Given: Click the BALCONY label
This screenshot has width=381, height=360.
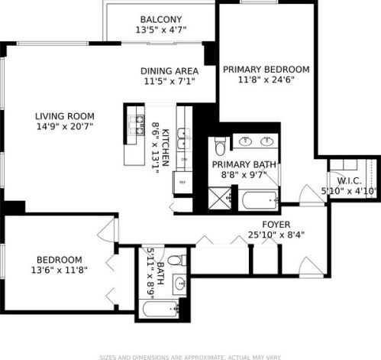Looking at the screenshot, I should coord(160,19).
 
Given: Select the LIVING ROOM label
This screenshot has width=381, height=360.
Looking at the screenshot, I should coord(64,117).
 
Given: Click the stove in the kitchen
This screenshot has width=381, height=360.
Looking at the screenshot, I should coord(138,125).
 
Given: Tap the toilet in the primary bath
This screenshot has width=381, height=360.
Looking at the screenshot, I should coord(219,144).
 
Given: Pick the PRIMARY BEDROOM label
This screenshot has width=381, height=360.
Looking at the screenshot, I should coord(266,68).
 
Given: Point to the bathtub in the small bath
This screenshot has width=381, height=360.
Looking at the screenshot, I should coord(160,310).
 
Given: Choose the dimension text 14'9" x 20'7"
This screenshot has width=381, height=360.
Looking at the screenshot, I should coord(64,128).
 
